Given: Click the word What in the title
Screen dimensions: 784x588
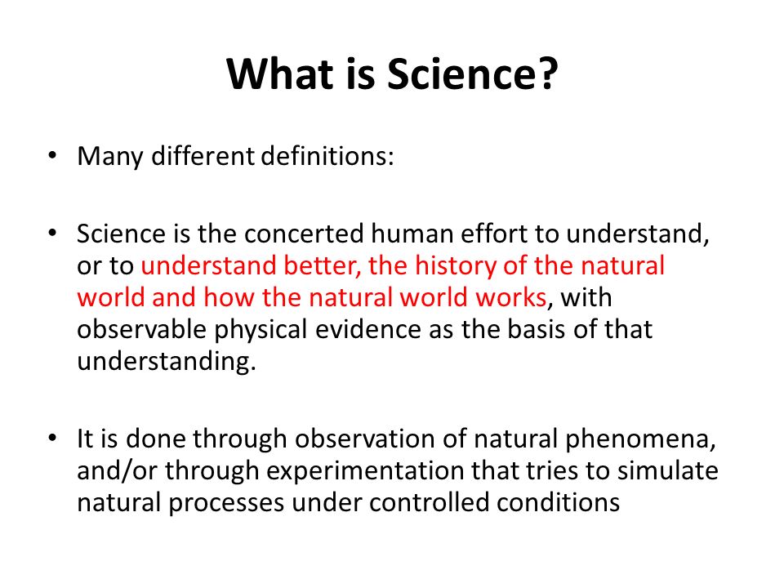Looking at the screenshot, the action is [x=280, y=74].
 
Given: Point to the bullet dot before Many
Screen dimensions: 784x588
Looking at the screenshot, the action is [x=52, y=155].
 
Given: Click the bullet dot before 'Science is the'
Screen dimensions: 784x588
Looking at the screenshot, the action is [x=52, y=234].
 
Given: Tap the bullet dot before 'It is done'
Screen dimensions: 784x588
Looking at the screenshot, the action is [x=52, y=438].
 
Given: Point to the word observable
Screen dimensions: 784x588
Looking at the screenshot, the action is [x=142, y=329].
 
